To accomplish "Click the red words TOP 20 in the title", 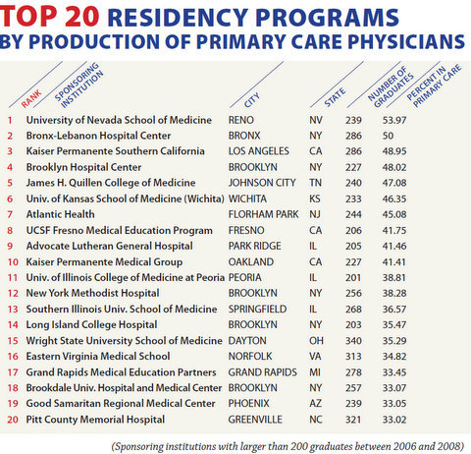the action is pos(49,17).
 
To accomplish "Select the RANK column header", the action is pos(31,98).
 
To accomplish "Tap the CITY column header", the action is pos(252,100).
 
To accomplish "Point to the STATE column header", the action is pos(335,97).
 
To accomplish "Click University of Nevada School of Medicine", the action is pos(119,120).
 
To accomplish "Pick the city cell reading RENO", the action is pos(241,120).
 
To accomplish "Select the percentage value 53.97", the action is pos(394,120).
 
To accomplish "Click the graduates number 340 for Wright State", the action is pos(353,341).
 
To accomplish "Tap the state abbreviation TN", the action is pos(315,183).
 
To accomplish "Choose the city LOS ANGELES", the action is pos(259,151).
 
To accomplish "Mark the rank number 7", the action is pos(10,214).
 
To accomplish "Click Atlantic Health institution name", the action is pos(61,214).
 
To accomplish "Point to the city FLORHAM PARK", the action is pos(263,214).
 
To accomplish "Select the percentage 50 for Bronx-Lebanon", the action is pos(388,136).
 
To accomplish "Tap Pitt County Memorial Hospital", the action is pos(95,420).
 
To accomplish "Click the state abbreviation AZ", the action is pos(315,404).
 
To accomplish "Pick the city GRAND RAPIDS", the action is pos(263,372).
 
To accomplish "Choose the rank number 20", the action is pos(13,420).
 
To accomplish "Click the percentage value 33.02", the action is pos(394,420).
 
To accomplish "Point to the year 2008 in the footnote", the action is pos(450,446).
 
